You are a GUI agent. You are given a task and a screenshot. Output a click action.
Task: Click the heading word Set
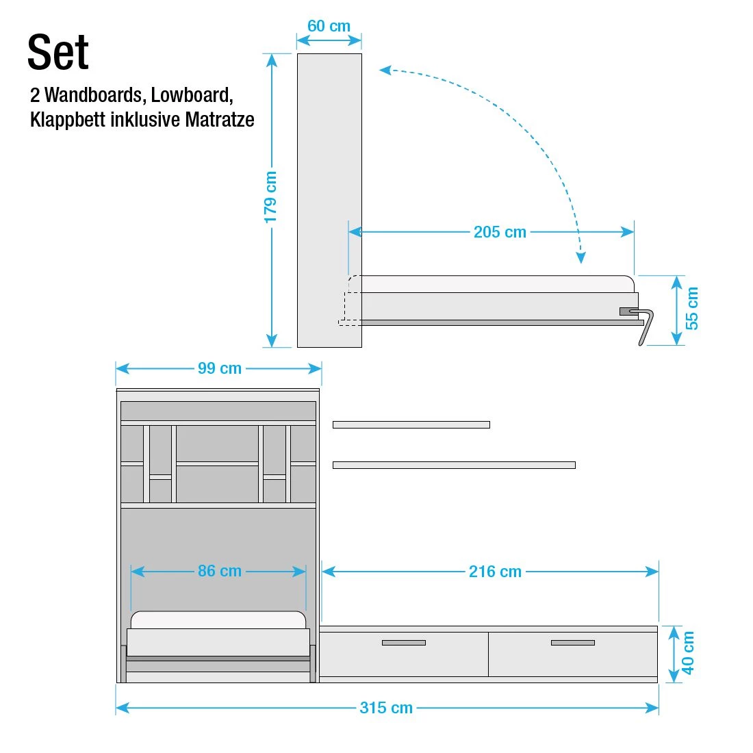click(58, 53)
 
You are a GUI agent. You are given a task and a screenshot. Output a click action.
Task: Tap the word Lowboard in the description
click(191, 94)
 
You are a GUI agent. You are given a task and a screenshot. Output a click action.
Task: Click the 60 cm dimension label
click(329, 26)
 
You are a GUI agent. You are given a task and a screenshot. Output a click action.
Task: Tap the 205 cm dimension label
click(500, 232)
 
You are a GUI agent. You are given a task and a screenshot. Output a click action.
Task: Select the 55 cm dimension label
click(693, 308)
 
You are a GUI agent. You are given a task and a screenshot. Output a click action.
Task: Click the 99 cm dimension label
click(219, 368)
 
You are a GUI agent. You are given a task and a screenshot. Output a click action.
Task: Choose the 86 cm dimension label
click(219, 571)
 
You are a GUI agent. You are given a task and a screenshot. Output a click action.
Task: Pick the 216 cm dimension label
click(495, 572)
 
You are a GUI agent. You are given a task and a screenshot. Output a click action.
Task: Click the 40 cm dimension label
click(689, 653)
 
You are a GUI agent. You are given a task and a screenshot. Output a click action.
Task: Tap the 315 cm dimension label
click(386, 708)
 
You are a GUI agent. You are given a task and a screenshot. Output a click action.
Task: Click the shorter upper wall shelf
click(411, 425)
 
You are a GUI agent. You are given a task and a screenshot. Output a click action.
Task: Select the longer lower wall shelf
click(453, 465)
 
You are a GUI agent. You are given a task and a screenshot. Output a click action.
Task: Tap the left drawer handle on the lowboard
click(403, 643)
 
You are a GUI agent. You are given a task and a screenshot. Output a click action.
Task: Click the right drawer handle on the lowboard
click(572, 643)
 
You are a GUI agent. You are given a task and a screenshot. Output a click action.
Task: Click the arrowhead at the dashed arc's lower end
click(580, 258)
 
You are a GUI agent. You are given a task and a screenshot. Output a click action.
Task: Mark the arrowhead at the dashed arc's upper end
click(385, 69)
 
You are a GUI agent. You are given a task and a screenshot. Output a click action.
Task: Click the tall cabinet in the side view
click(329, 199)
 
